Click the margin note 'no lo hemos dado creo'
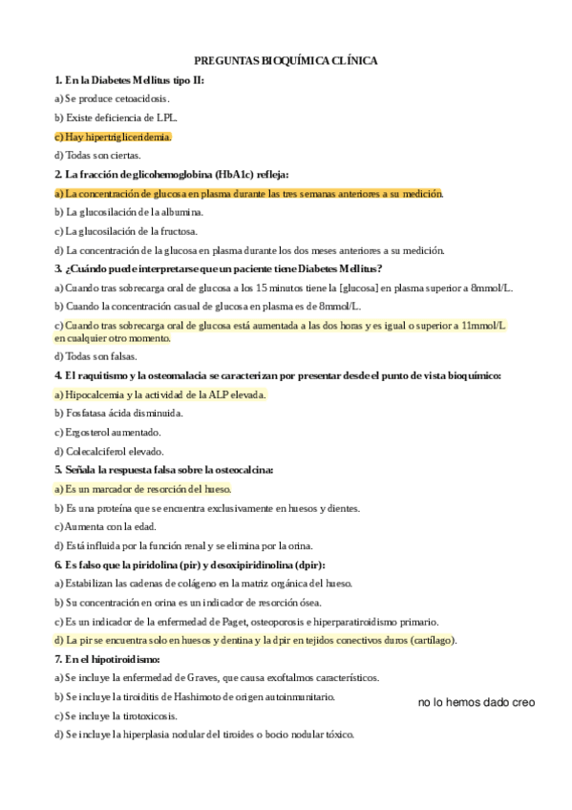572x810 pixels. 477,703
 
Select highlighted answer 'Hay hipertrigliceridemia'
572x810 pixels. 114,137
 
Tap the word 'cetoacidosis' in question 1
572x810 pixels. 139,98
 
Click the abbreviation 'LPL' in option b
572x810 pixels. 165,117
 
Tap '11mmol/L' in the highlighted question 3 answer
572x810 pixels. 482,326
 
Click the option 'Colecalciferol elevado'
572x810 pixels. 114,451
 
